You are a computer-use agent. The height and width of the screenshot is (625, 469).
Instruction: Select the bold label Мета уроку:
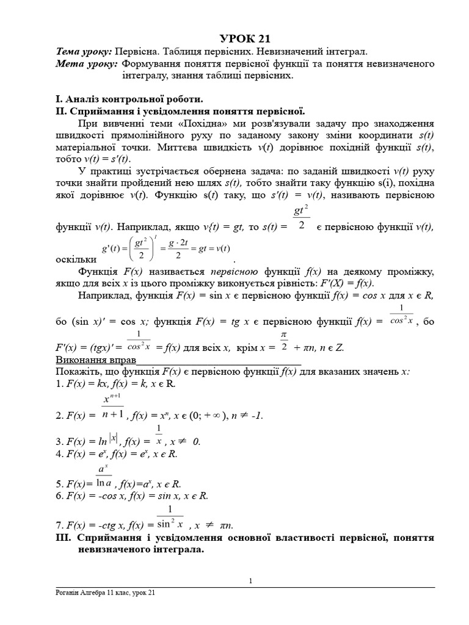point(86,64)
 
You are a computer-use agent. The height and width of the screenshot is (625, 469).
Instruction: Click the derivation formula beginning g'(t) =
point(165,248)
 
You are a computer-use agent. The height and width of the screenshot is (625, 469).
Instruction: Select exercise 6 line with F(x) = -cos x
point(131,496)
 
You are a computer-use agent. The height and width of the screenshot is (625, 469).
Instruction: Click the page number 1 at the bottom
point(250,580)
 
